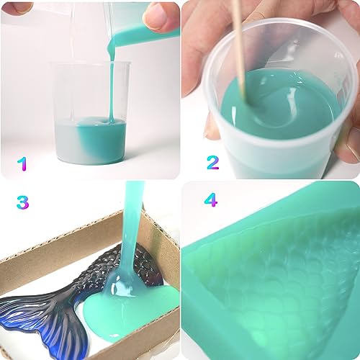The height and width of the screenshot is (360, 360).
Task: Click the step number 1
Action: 22,163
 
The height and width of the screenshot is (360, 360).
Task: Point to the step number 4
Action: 210,199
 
